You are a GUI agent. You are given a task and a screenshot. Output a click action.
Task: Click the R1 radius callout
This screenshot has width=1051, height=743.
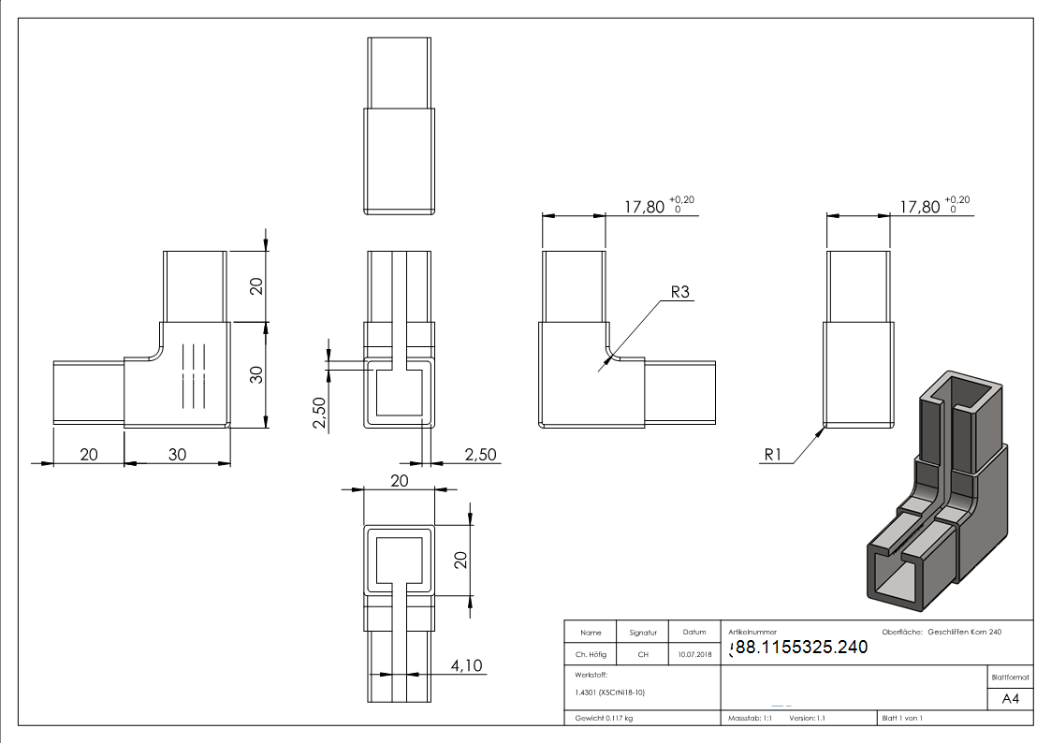[773, 456]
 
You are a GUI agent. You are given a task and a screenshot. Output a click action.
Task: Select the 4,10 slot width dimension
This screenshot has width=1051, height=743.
[465, 665]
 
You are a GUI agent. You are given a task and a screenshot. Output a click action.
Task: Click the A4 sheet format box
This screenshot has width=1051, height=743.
[1010, 699]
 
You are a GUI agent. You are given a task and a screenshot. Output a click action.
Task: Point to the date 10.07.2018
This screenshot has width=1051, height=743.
[693, 655]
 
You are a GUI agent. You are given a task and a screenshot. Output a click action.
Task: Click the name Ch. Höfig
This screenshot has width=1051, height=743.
[590, 655]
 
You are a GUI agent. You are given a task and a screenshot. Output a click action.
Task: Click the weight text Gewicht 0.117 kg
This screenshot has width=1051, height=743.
[604, 718]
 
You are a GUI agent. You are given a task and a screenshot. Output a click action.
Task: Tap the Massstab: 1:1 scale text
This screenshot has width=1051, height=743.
[750, 718]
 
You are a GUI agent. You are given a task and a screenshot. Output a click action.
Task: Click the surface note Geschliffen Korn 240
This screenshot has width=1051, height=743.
[965, 633]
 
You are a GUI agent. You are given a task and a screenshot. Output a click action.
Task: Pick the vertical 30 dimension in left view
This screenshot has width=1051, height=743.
[255, 374]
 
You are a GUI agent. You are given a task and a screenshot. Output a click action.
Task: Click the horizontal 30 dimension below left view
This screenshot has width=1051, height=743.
[177, 454]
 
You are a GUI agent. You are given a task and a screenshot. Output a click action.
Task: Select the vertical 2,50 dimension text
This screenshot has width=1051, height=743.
[318, 412]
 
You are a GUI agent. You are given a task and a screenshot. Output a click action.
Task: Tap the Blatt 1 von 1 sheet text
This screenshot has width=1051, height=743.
[902, 718]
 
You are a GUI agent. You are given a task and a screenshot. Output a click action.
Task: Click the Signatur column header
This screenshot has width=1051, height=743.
[643, 633]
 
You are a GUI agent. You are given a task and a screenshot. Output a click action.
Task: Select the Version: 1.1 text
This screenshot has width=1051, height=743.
[808, 718]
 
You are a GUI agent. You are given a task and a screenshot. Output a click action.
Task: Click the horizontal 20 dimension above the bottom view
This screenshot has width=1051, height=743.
[399, 480]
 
